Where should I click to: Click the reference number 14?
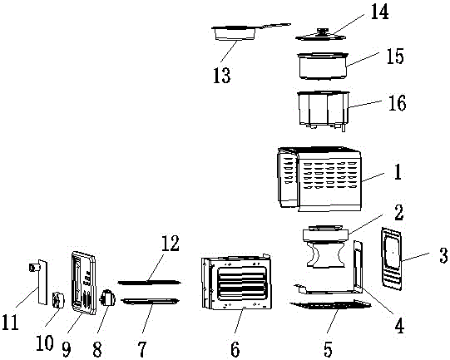[379, 12]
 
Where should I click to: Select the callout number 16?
[398, 103]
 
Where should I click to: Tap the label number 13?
[222, 76]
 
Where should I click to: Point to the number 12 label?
[171, 244]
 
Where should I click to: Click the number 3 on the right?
[443, 255]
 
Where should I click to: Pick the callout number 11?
[10, 322]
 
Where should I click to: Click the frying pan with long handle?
[251, 32]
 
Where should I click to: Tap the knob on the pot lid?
[323, 30]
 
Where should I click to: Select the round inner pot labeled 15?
[323, 66]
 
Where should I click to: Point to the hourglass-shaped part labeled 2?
[325, 246]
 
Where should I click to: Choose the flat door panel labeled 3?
[392, 259]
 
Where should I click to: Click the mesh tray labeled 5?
[330, 304]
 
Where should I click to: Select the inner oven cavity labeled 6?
[236, 283]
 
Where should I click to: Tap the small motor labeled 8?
[107, 298]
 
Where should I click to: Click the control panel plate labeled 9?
[83, 283]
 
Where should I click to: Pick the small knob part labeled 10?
[58, 300]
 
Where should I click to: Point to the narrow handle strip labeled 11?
[40, 282]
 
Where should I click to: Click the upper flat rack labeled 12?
[149, 283]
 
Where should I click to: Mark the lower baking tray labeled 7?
[150, 301]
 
